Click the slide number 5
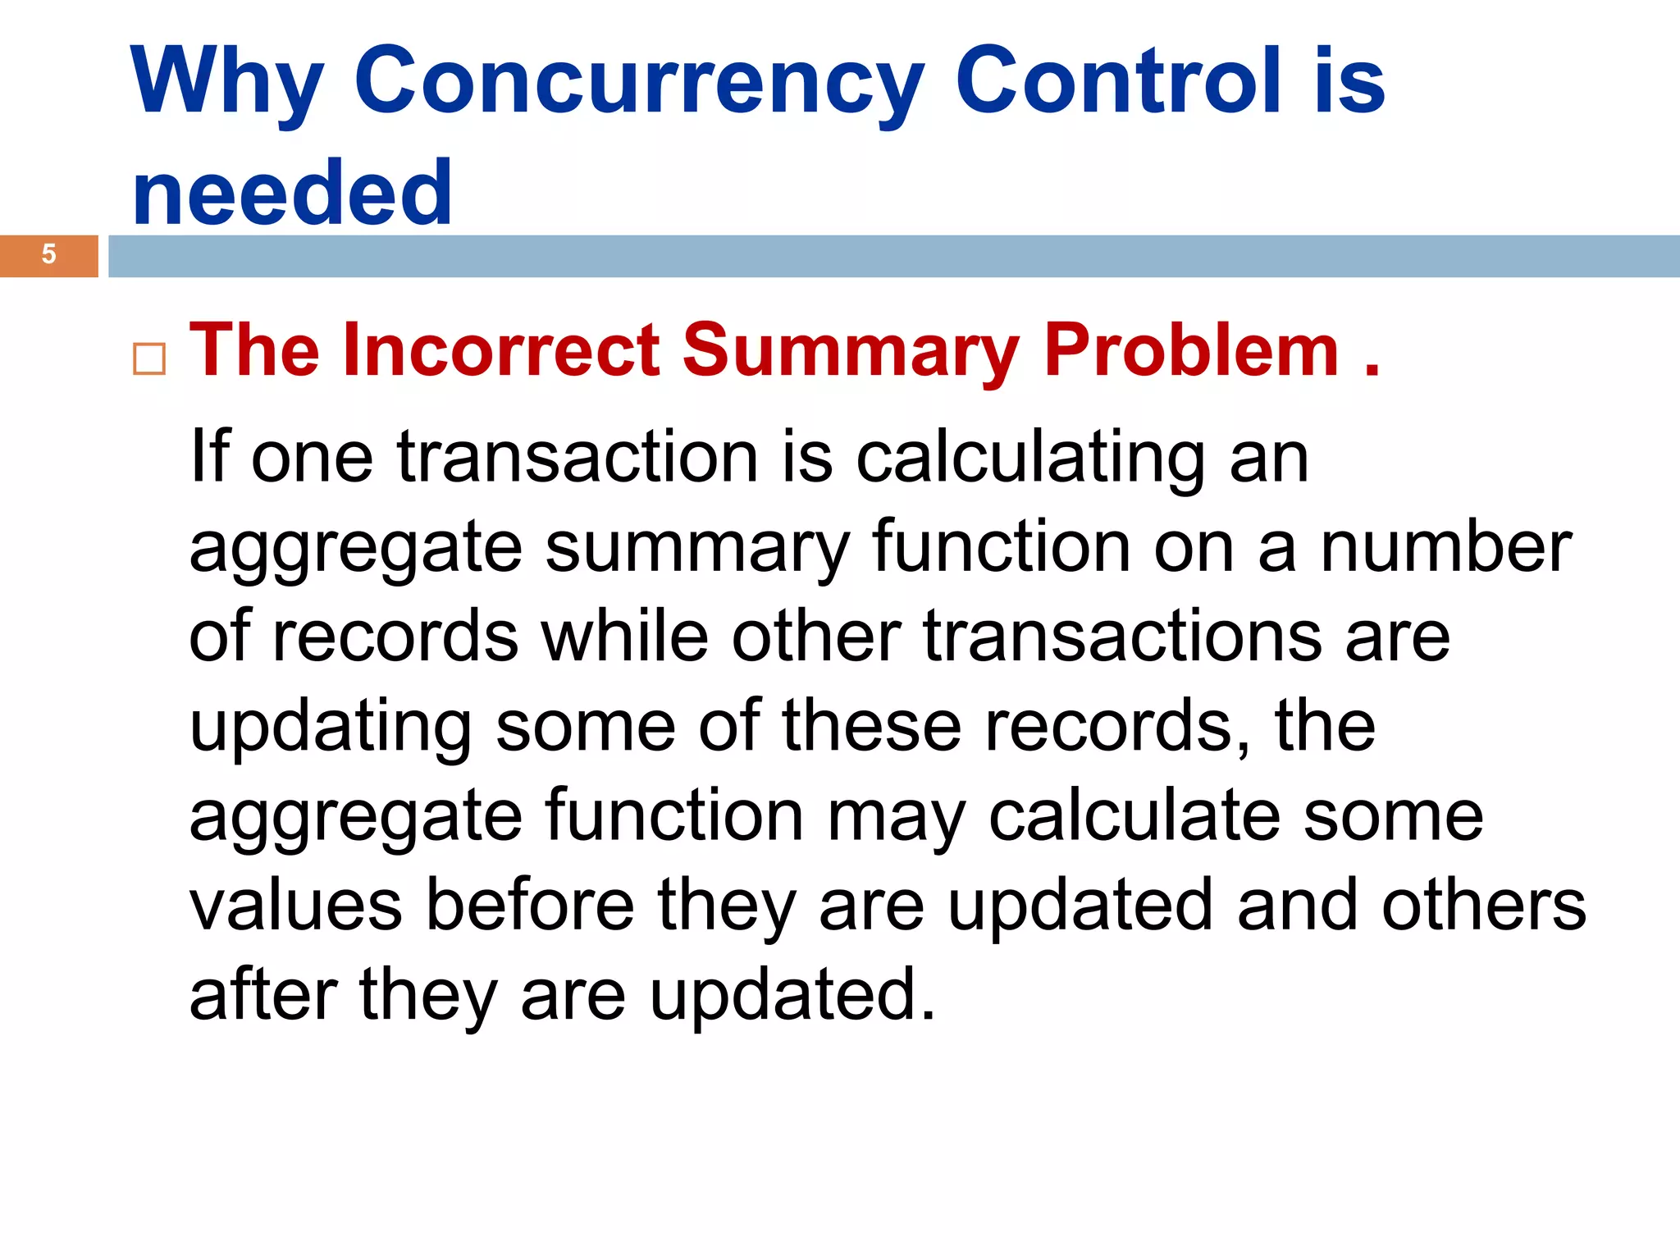[x=49, y=255]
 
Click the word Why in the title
[x=226, y=82]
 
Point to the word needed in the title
[x=292, y=194]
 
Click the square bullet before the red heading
[x=149, y=359]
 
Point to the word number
[x=1445, y=548]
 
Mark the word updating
[x=330, y=728]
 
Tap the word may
[x=896, y=819]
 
